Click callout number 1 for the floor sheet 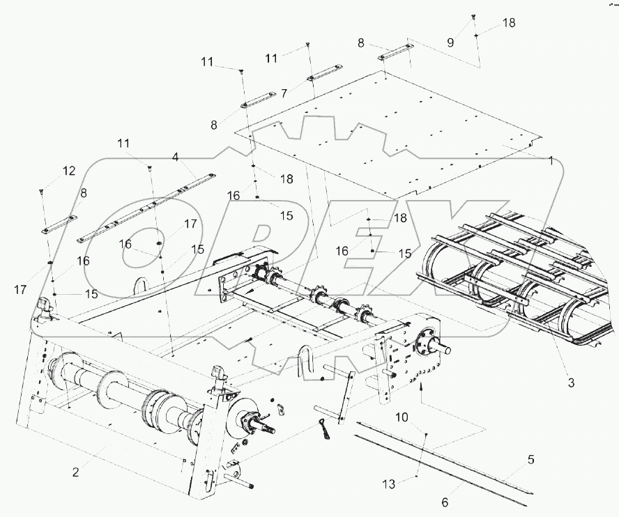click(550, 161)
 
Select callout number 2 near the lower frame click(76, 472)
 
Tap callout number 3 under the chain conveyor click(571, 383)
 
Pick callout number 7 click(284, 93)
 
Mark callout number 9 click(450, 42)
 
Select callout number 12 click(68, 171)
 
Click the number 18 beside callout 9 click(509, 22)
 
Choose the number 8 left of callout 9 click(360, 43)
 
